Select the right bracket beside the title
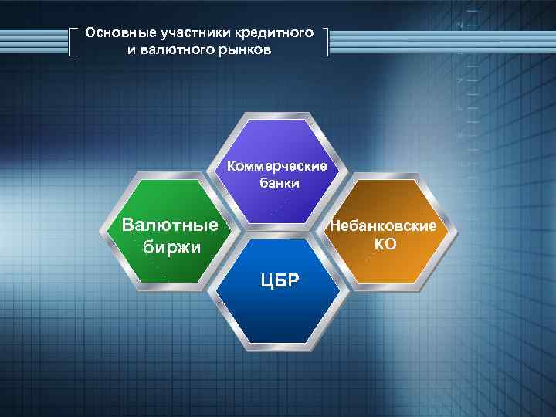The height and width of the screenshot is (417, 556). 327,42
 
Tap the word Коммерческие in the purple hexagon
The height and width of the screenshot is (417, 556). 277,167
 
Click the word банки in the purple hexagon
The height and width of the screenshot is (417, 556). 277,184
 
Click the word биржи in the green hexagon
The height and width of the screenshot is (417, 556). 171,248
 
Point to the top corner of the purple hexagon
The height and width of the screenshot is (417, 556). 277,113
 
